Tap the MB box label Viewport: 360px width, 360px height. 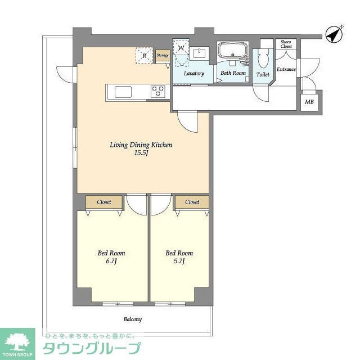tap(309, 102)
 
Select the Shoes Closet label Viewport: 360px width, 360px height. tap(286, 44)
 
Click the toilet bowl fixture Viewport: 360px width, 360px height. tap(263, 60)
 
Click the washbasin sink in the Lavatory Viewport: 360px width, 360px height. tap(199, 53)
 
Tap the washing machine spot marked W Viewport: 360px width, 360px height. tap(181, 49)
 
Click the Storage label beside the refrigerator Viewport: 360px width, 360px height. tap(163, 55)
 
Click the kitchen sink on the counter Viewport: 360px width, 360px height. tap(123, 91)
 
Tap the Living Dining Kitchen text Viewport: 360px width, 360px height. tap(141, 145)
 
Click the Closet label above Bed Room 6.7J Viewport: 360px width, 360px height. tap(104, 201)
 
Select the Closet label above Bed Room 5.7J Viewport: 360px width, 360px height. tap(192, 201)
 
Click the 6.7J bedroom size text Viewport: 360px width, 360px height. tap(111, 261)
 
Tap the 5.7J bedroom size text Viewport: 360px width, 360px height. tap(179, 261)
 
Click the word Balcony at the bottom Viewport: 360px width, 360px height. tap(133, 319)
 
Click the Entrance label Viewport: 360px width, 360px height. tap(286, 69)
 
